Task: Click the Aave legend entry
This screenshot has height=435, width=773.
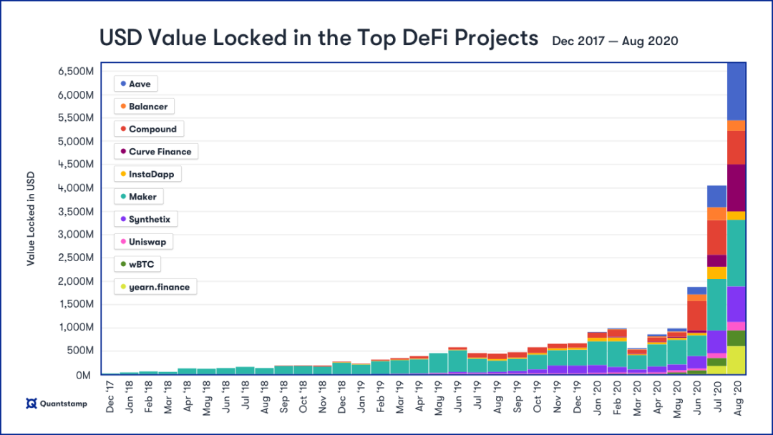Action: pyautogui.click(x=136, y=84)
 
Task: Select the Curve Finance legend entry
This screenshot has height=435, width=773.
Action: pyautogui.click(x=155, y=152)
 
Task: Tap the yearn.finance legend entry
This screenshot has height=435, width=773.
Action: pyautogui.click(x=155, y=288)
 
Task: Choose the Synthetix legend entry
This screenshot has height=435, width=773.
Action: pyautogui.click(x=145, y=220)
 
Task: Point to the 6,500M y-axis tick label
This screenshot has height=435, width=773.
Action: pyautogui.click(x=76, y=72)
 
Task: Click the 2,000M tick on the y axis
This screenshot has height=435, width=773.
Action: pyautogui.click(x=76, y=281)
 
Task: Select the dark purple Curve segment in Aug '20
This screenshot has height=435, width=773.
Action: pyautogui.click(x=736, y=187)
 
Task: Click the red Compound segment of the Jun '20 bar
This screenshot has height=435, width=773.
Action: pyautogui.click(x=697, y=315)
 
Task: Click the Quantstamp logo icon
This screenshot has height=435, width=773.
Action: pyautogui.click(x=31, y=404)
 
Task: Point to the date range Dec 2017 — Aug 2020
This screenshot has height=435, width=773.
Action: pyautogui.click(x=615, y=41)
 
